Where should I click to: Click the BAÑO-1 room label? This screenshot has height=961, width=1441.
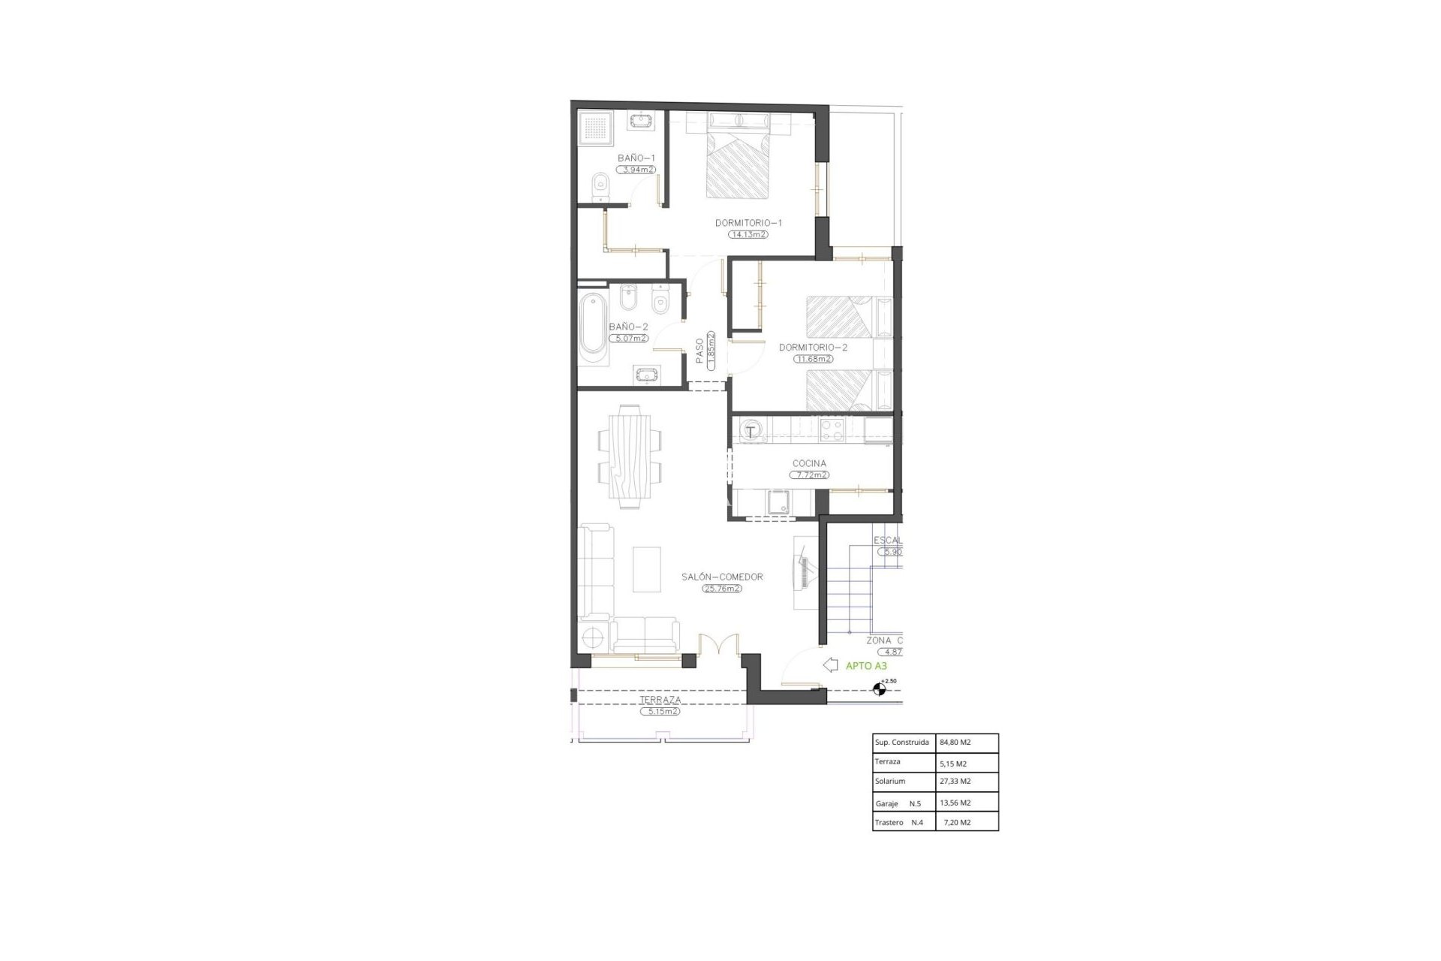click(636, 158)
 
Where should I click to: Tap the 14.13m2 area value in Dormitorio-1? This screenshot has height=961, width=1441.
click(748, 234)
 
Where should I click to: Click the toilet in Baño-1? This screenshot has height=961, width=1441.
click(600, 188)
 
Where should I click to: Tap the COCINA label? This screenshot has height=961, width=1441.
click(809, 464)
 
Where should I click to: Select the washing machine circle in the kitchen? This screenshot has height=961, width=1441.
click(751, 431)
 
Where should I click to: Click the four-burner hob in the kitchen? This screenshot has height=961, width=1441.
click(833, 429)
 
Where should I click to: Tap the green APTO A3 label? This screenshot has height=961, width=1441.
click(866, 665)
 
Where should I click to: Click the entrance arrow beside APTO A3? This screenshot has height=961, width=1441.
click(830, 664)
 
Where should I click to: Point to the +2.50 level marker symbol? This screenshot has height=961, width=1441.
click(879, 688)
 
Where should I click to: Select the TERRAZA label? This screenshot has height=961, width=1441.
click(660, 700)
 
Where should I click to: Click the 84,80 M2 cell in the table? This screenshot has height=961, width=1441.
click(955, 743)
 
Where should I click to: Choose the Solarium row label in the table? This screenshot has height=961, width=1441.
click(890, 782)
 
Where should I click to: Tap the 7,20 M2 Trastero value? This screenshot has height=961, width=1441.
click(957, 822)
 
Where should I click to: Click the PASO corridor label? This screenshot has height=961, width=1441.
click(699, 351)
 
